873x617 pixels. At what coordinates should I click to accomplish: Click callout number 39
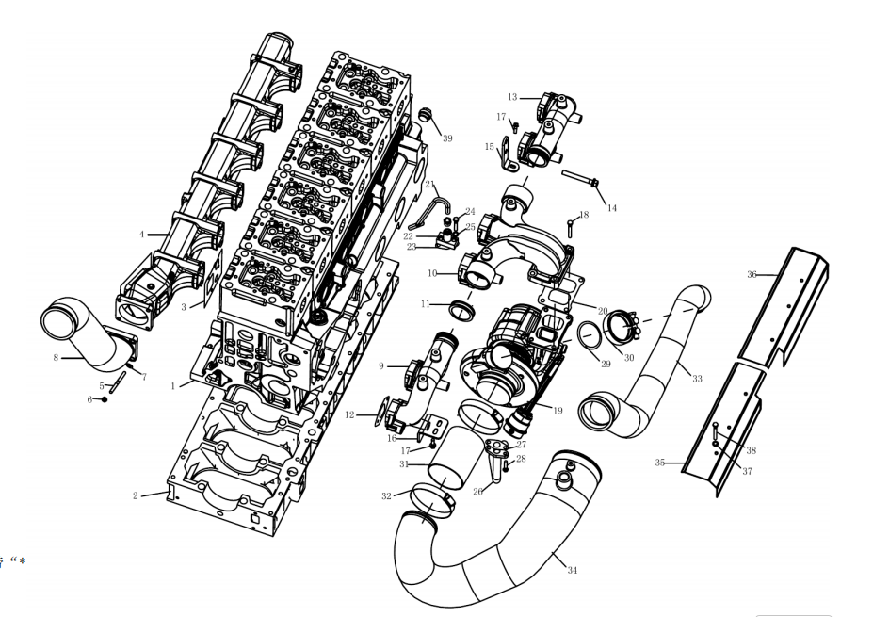(x=447, y=138)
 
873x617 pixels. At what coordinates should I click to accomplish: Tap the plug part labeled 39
(x=426, y=115)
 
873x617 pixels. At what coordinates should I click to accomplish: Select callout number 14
(x=612, y=208)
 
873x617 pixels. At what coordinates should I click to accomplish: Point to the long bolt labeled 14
(x=580, y=178)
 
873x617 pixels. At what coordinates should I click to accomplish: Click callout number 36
(x=752, y=274)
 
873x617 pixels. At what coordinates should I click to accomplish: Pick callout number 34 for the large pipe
(x=573, y=570)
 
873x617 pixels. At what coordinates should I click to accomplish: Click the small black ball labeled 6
(x=105, y=399)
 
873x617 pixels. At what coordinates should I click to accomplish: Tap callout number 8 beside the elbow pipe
(x=56, y=358)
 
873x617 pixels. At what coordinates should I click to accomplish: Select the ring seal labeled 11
(x=462, y=310)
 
